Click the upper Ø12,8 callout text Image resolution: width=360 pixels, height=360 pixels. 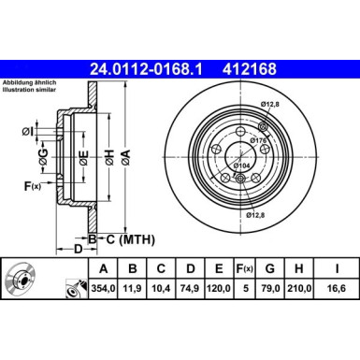coord(271,103)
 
